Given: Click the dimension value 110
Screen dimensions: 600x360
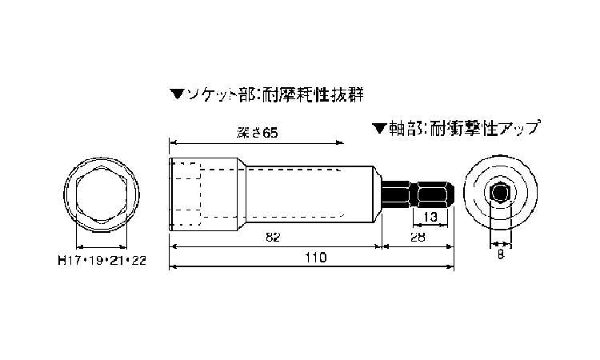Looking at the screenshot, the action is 316,257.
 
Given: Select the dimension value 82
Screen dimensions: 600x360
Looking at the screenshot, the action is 273,237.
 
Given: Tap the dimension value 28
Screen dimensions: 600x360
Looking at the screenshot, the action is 418,237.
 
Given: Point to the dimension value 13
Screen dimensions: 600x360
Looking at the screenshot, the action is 430,217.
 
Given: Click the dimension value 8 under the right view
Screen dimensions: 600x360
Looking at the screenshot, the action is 501,254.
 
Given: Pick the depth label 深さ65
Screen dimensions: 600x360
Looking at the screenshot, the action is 258,133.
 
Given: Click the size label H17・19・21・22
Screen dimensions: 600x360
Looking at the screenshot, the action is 102,261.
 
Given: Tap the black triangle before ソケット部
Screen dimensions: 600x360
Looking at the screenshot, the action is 177,94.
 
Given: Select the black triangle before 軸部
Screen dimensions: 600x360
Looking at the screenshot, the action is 379,129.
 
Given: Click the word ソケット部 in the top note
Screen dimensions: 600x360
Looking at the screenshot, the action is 219,95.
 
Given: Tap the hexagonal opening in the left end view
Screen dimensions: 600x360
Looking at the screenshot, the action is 102,194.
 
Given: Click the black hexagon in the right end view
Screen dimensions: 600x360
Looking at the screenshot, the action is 500,193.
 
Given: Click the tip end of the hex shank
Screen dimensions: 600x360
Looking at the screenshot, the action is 454,194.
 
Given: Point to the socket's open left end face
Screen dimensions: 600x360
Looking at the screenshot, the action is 170,194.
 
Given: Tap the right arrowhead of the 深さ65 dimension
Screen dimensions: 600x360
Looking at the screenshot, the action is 340,142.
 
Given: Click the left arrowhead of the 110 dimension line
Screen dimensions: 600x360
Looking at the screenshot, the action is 173,266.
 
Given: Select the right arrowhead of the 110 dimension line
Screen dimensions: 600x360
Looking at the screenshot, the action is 450,266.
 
